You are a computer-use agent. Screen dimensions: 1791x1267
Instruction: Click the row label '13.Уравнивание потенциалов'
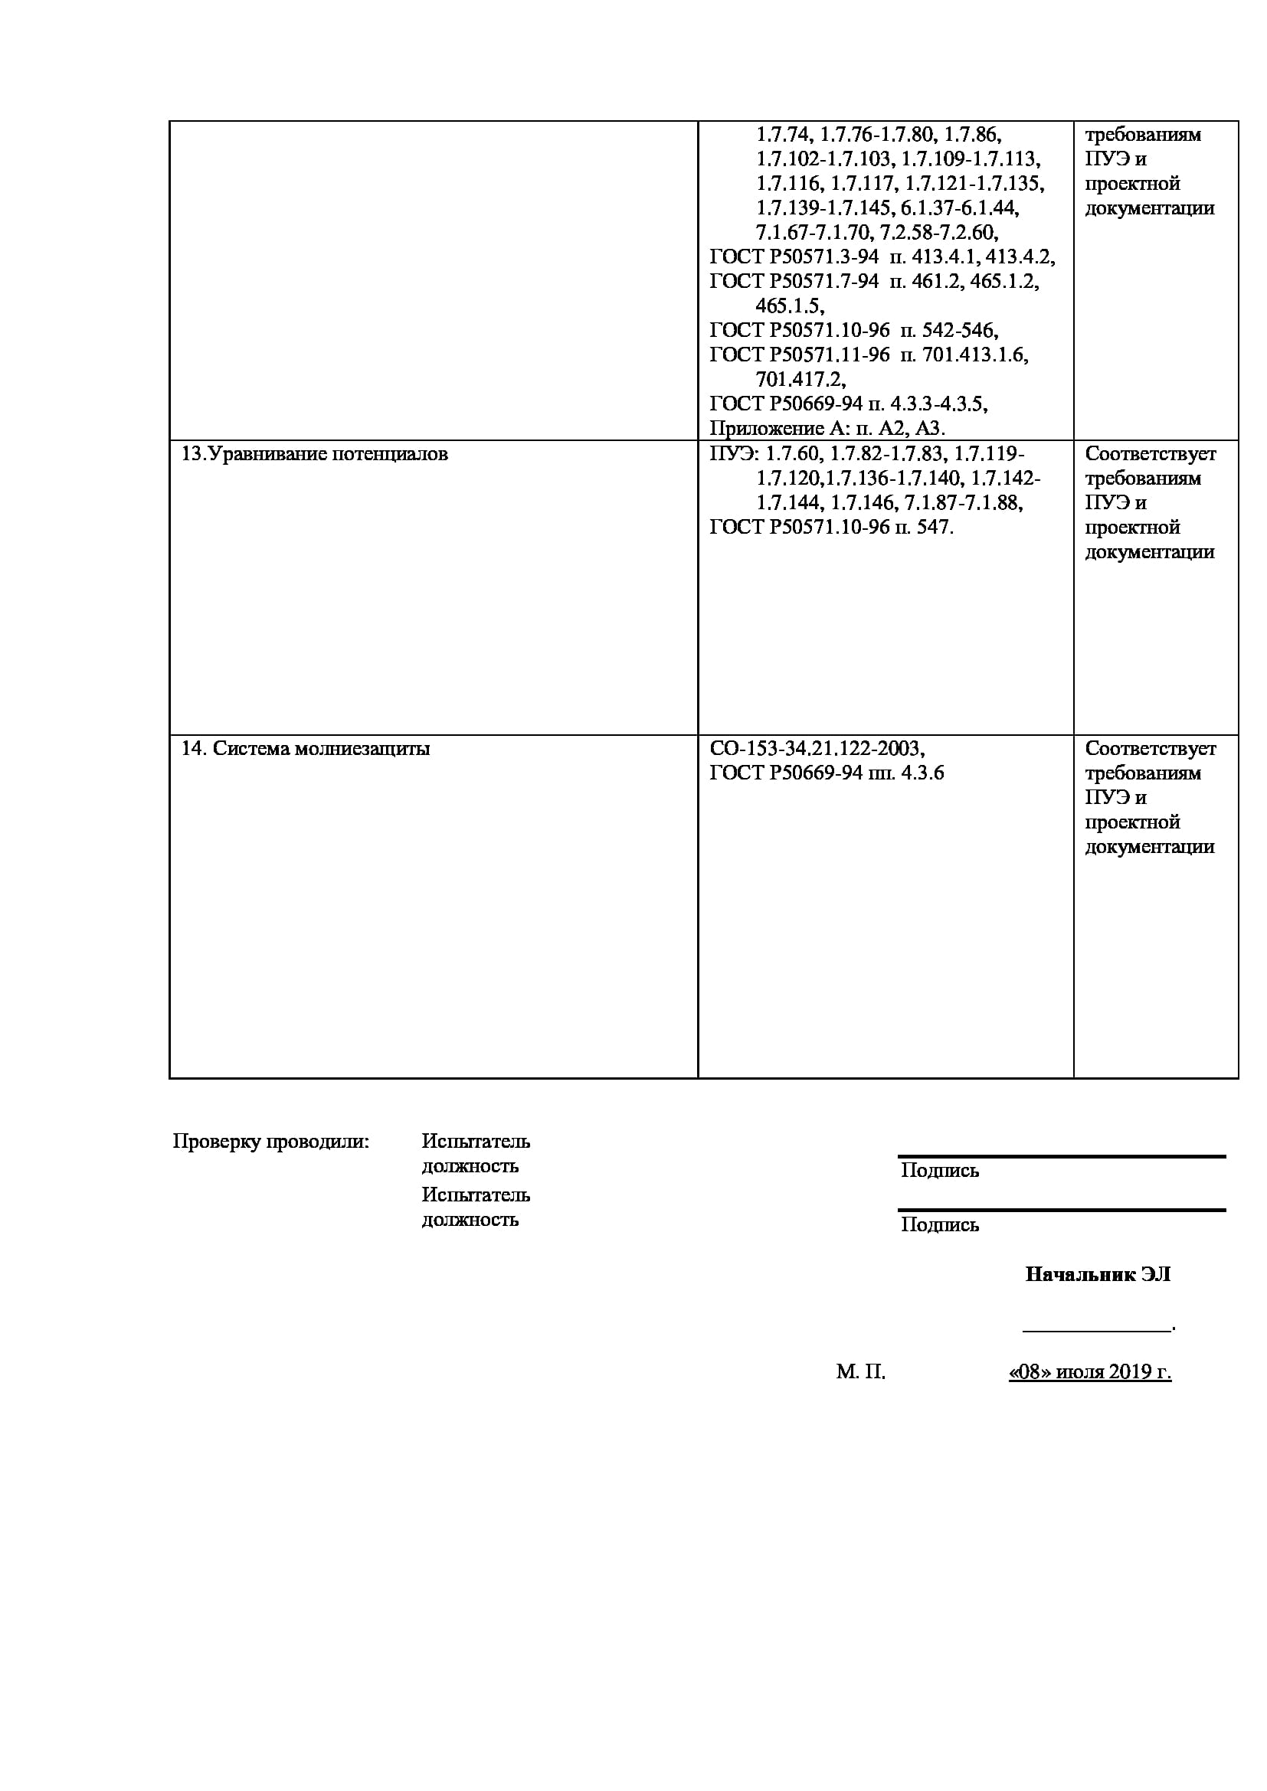(x=314, y=454)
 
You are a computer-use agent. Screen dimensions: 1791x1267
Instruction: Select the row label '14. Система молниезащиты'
(x=306, y=749)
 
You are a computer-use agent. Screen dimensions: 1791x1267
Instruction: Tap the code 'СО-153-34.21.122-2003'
(x=816, y=749)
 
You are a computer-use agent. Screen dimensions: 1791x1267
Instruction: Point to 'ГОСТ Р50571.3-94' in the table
(x=794, y=257)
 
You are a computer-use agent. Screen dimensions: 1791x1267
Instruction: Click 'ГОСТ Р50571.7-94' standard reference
(x=794, y=281)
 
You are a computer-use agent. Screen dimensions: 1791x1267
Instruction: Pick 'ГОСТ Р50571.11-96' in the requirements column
(x=799, y=355)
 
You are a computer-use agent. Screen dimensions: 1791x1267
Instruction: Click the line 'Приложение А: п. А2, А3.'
(x=827, y=428)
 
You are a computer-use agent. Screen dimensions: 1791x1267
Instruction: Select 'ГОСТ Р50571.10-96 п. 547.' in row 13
(x=831, y=528)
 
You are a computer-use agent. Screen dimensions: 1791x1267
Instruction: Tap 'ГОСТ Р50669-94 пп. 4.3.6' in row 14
(x=827, y=773)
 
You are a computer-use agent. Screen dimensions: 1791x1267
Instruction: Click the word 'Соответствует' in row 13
(x=1150, y=454)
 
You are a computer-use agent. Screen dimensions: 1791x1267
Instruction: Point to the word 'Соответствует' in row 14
(x=1150, y=749)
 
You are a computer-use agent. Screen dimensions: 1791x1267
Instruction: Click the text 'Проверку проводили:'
(x=270, y=1142)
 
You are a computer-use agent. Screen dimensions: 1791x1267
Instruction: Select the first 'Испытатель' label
(x=476, y=1141)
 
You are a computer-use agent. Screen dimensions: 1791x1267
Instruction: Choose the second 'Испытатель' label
(x=476, y=1195)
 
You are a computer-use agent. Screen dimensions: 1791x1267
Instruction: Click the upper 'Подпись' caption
(x=939, y=1170)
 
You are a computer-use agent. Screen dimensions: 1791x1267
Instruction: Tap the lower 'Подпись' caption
(x=939, y=1224)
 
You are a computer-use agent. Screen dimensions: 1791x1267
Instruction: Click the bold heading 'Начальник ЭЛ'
(x=1098, y=1275)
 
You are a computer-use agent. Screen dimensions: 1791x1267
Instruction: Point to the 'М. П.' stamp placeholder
(x=860, y=1372)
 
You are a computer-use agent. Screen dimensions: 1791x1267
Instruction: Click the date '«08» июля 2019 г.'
(x=1090, y=1372)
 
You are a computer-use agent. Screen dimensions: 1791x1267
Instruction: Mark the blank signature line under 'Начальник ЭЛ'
(x=1096, y=1329)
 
